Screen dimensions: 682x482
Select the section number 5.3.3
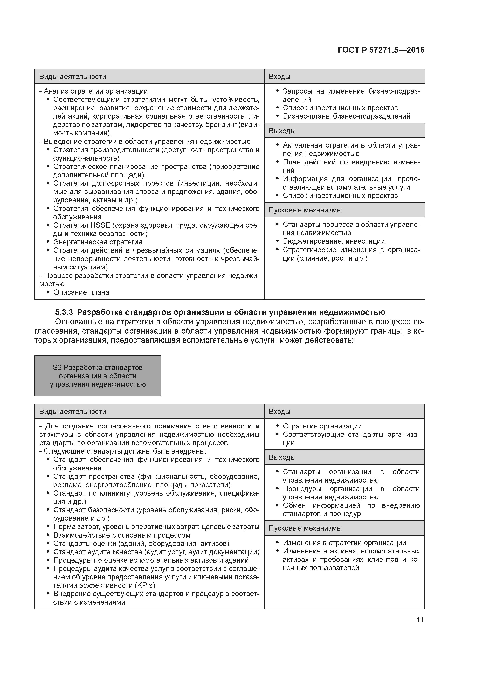(64, 312)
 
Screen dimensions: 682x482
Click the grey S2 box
(98, 376)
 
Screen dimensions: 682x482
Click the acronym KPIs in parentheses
(146, 585)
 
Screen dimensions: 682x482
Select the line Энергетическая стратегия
(98, 242)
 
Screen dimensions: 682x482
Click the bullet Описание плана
(81, 292)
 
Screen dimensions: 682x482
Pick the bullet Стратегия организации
(322, 426)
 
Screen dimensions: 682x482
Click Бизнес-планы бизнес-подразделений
(346, 116)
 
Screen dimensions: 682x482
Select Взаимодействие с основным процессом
(122, 535)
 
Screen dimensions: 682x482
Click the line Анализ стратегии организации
(95, 91)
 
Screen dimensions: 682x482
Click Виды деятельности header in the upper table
(73, 77)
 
